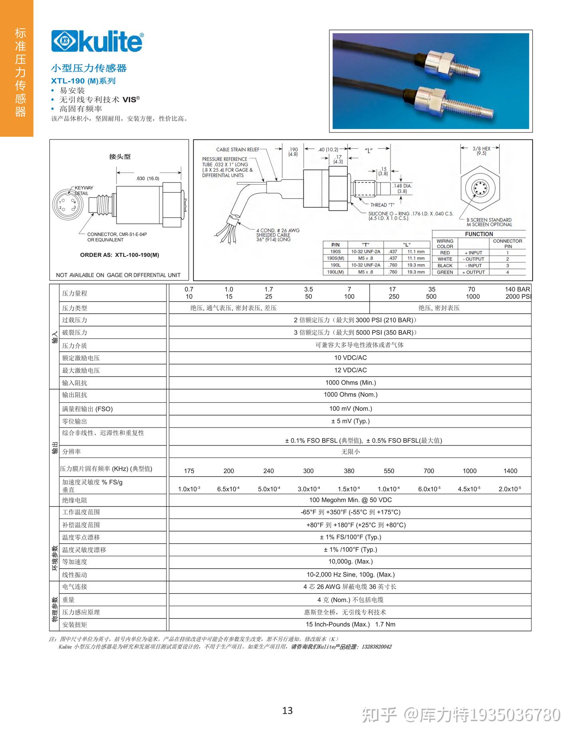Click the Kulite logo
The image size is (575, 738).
(97, 42)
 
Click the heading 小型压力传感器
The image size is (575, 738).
(89, 68)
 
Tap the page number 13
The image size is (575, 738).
(287, 710)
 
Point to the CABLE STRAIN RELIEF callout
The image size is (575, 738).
(238, 149)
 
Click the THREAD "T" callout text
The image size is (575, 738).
(382, 205)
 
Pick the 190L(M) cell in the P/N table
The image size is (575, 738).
(335, 272)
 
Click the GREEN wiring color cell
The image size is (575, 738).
(444, 272)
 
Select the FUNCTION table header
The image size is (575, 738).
(479, 234)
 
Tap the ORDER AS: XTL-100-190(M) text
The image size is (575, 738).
(119, 255)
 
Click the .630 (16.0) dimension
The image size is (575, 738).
(147, 179)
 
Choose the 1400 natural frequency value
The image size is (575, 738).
(510, 471)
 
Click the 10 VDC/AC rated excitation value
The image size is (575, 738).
(350, 358)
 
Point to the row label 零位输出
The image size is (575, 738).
(75, 422)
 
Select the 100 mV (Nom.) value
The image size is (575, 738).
(350, 408)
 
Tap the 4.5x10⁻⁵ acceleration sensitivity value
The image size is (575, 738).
(469, 489)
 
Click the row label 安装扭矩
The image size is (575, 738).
(75, 625)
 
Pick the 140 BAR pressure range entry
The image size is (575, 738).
(517, 289)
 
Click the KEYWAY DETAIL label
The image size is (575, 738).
(83, 190)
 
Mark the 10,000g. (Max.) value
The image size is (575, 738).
(350, 561)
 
